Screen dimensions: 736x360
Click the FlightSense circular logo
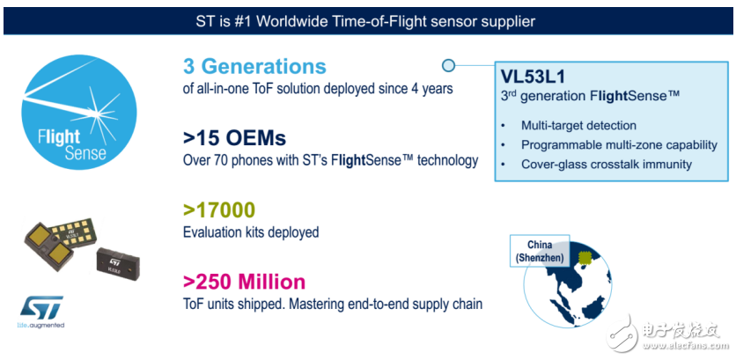(x=79, y=112)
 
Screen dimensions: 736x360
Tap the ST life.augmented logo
(x=41, y=312)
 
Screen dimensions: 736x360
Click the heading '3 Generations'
(x=254, y=67)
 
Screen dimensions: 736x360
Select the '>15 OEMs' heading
(x=234, y=138)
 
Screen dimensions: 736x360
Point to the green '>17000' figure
(x=218, y=210)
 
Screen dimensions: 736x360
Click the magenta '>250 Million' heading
(x=244, y=282)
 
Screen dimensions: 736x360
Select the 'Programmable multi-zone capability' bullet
(x=619, y=145)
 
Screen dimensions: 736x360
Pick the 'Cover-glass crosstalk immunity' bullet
(x=607, y=165)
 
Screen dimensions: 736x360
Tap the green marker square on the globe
(x=585, y=258)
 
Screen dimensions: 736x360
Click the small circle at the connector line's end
(x=448, y=66)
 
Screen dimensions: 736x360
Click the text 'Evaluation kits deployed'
(x=251, y=231)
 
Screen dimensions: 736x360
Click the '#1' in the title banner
(x=244, y=22)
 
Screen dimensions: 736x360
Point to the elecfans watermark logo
(x=666, y=334)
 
